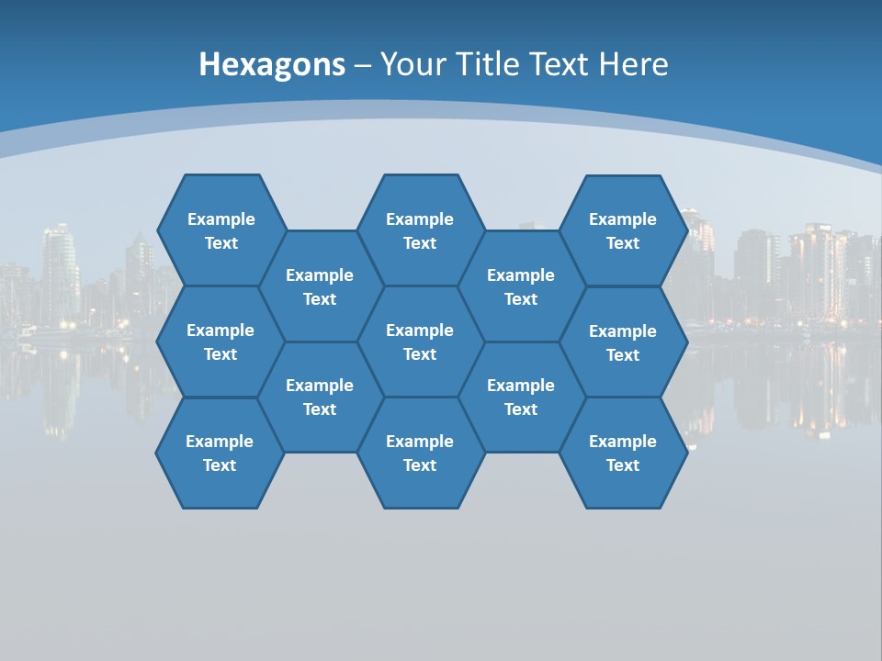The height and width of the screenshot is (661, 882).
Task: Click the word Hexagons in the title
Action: click(x=272, y=64)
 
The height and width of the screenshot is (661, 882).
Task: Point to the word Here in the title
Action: click(x=633, y=64)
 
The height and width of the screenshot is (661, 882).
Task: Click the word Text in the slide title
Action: click(x=560, y=64)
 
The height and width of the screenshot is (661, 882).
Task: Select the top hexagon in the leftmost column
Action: click(x=220, y=230)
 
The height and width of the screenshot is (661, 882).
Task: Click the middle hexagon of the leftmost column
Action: click(x=220, y=342)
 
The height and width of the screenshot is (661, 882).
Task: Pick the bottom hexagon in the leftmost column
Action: click(x=220, y=453)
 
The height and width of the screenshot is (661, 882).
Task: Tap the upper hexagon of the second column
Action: click(x=320, y=286)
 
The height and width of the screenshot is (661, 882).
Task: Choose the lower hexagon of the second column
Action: click(x=320, y=397)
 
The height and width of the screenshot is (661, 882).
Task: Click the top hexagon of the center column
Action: click(x=420, y=230)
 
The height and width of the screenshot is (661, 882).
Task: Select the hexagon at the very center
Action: click(x=420, y=342)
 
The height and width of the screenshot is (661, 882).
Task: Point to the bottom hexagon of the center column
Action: click(x=420, y=453)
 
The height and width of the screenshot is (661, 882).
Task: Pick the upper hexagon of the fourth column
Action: click(x=521, y=286)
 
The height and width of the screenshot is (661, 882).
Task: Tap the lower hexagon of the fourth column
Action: click(x=521, y=397)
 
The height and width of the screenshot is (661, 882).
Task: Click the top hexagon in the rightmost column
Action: click(x=623, y=230)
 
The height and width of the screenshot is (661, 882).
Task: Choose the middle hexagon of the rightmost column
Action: click(x=623, y=342)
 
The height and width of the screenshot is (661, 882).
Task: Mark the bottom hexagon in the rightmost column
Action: click(x=623, y=453)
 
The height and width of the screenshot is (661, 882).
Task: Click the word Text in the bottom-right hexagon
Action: click(x=623, y=465)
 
